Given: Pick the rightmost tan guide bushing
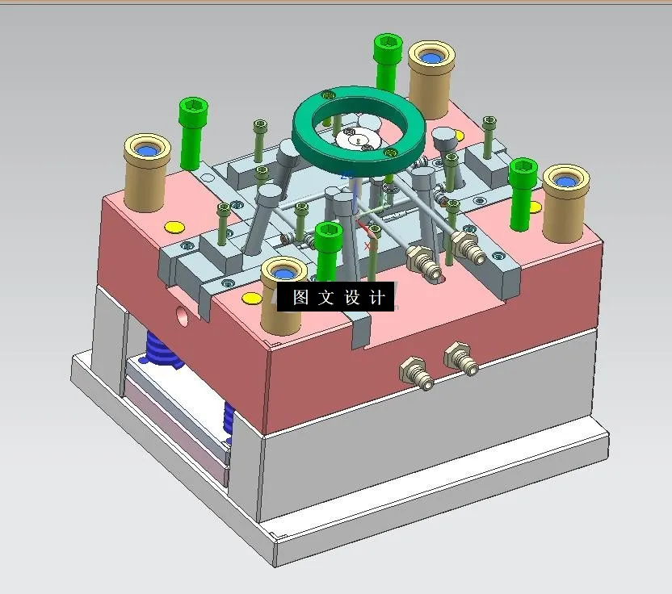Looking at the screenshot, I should coord(563,202).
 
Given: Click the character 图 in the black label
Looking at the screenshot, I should coord(300,297).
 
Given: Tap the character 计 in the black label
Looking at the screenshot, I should coord(376,297).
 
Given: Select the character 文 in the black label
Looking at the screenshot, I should coord(325,297).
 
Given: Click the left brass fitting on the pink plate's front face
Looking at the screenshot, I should coord(414,372).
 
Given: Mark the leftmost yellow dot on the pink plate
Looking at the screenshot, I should coord(171,226).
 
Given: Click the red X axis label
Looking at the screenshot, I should coord(367,245).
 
